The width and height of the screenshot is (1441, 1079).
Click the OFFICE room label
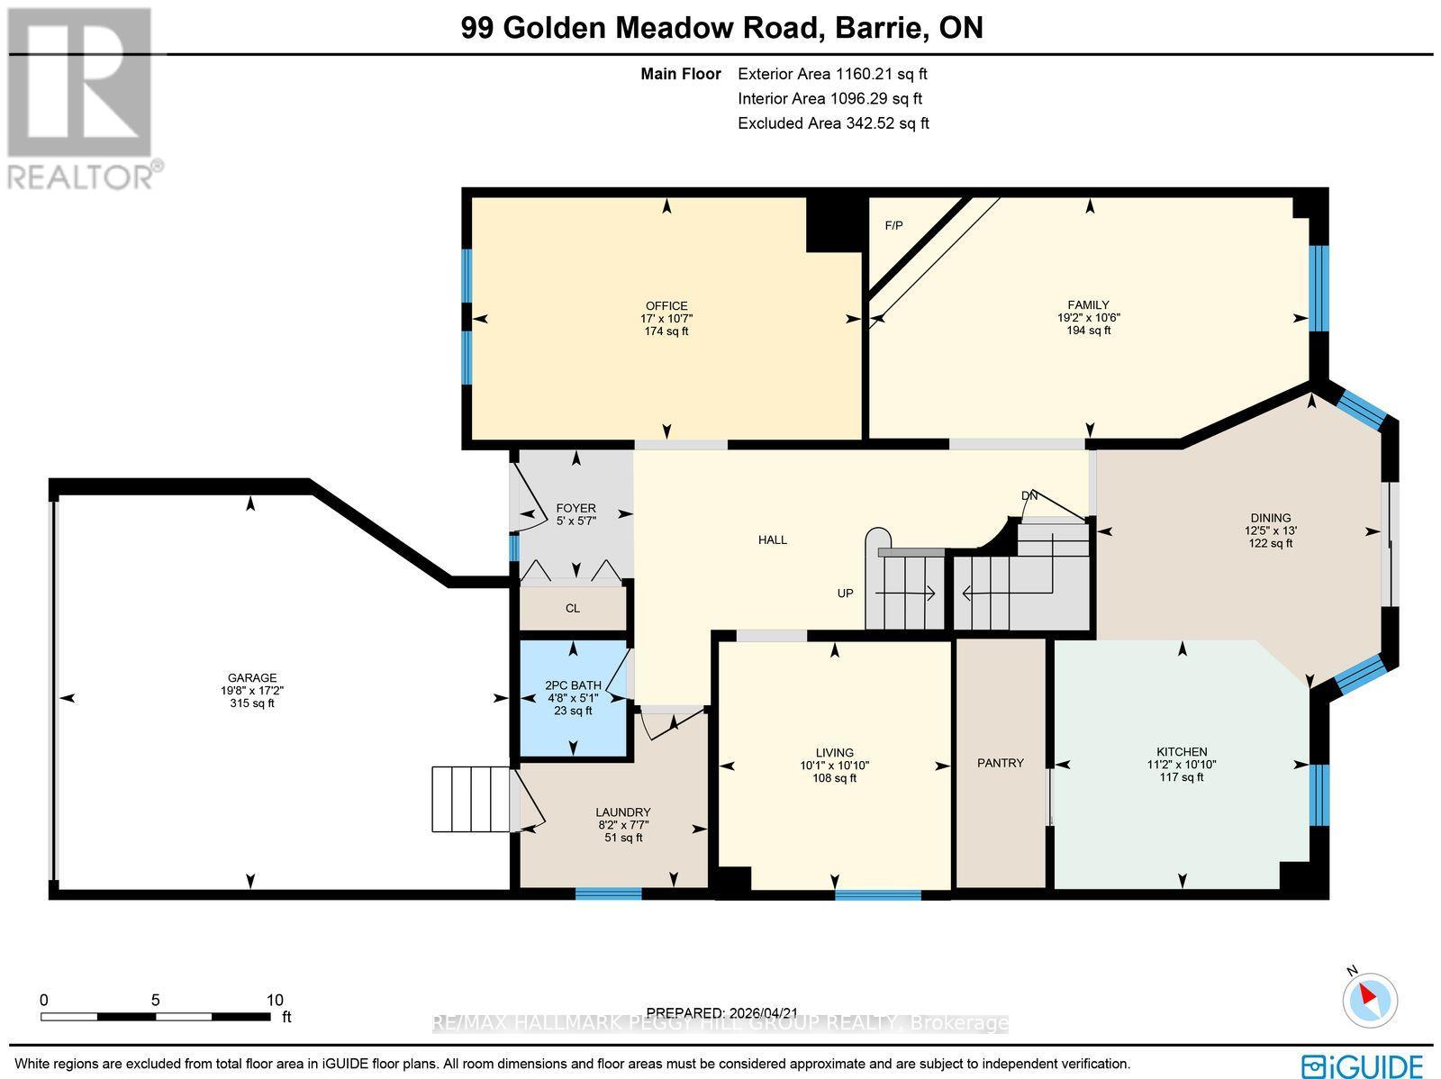[x=666, y=305]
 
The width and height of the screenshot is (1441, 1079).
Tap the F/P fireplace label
[x=893, y=225]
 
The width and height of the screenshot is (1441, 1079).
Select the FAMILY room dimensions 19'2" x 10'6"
[x=1088, y=317]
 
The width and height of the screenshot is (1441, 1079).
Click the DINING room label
[x=1270, y=518]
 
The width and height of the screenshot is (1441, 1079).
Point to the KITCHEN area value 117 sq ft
[x=1181, y=777]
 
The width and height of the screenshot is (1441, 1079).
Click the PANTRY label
[x=1000, y=763]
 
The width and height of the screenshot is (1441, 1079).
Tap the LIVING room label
[x=834, y=753]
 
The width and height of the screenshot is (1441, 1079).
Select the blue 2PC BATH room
[x=574, y=698]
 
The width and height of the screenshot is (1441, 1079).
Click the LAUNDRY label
[x=622, y=812]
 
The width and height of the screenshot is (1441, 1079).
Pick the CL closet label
[x=573, y=608]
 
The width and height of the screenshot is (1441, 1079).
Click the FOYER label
[x=575, y=508]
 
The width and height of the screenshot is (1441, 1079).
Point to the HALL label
[x=772, y=539]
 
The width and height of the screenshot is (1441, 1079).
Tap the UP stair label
[x=845, y=594]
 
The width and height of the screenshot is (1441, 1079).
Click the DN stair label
[x=1029, y=496]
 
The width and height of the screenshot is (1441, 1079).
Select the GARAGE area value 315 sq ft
[x=252, y=703]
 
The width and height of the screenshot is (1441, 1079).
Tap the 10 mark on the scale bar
[x=275, y=1000]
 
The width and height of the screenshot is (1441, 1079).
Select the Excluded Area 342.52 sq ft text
[x=833, y=123]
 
